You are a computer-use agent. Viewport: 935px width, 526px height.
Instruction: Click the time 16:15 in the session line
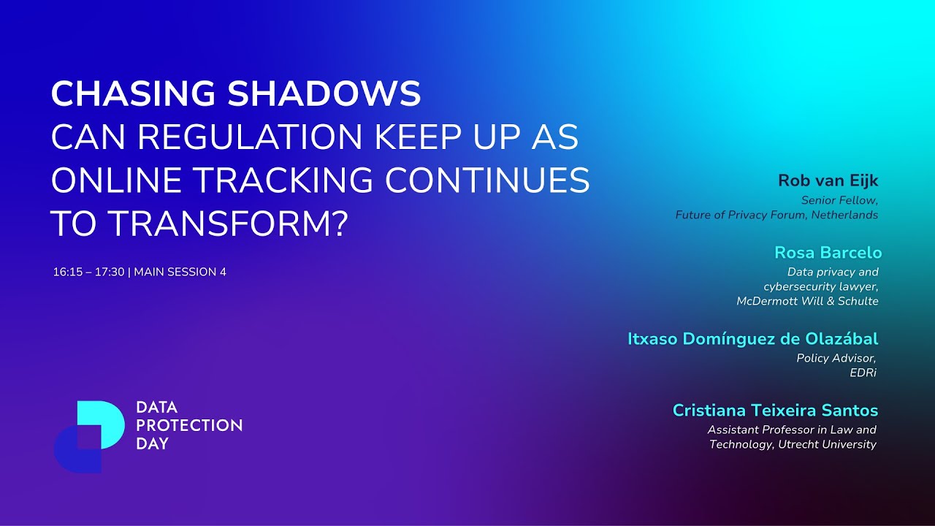point(66,272)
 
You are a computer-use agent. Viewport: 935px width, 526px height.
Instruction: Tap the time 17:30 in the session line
point(110,272)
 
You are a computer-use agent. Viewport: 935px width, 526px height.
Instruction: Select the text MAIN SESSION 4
point(180,272)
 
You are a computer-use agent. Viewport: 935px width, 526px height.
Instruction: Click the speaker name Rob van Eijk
point(828,180)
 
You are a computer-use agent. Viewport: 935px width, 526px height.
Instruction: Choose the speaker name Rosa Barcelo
point(828,253)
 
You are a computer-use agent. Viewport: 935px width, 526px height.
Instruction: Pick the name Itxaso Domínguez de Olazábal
point(752,339)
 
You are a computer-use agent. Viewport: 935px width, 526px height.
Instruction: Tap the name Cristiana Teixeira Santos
point(775,411)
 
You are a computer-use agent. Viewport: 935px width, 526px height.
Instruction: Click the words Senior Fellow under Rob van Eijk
point(839,199)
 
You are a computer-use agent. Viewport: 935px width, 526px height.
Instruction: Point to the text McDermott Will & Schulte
point(807,301)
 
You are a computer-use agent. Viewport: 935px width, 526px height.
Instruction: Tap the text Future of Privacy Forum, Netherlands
point(776,215)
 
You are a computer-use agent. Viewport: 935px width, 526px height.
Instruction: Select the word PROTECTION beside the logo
point(189,425)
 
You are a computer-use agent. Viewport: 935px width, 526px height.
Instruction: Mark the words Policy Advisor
point(836,358)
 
